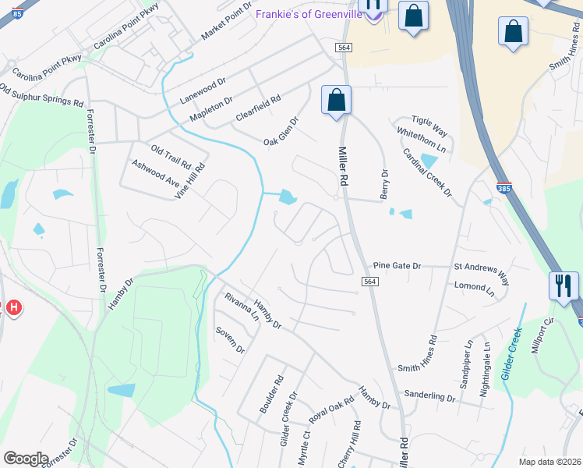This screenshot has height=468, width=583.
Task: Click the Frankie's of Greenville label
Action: click(x=309, y=13)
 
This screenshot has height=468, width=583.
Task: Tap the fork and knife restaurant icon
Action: click(x=563, y=285)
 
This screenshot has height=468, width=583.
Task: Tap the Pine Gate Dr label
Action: click(x=397, y=266)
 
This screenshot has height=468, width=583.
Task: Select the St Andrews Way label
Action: click(x=482, y=271)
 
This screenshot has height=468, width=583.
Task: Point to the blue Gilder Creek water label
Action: click(x=511, y=354)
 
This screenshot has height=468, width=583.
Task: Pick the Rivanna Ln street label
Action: click(x=242, y=307)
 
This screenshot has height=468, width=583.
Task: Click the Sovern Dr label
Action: click(x=230, y=340)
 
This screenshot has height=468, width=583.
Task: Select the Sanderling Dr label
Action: click(x=429, y=397)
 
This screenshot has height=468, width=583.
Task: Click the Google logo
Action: click(x=26, y=459)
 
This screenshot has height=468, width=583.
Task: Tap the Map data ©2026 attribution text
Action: click(x=549, y=462)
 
